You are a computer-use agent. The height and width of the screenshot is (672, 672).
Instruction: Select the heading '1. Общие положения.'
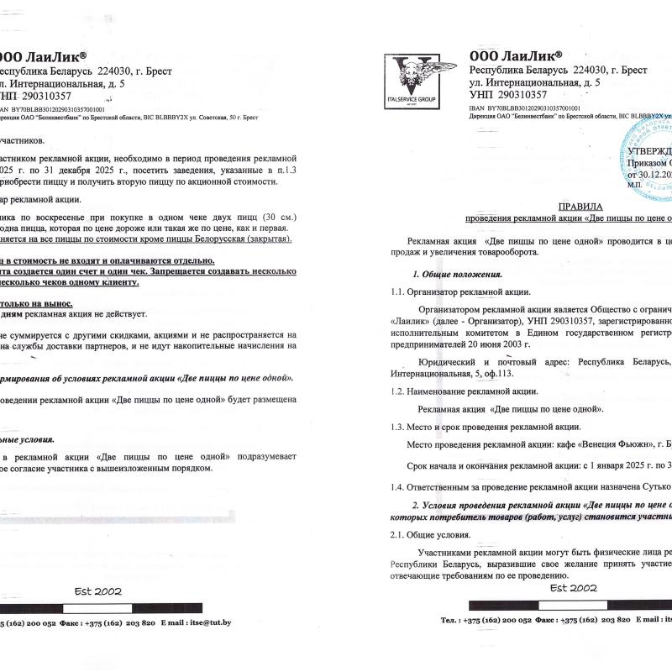click(457, 275)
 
